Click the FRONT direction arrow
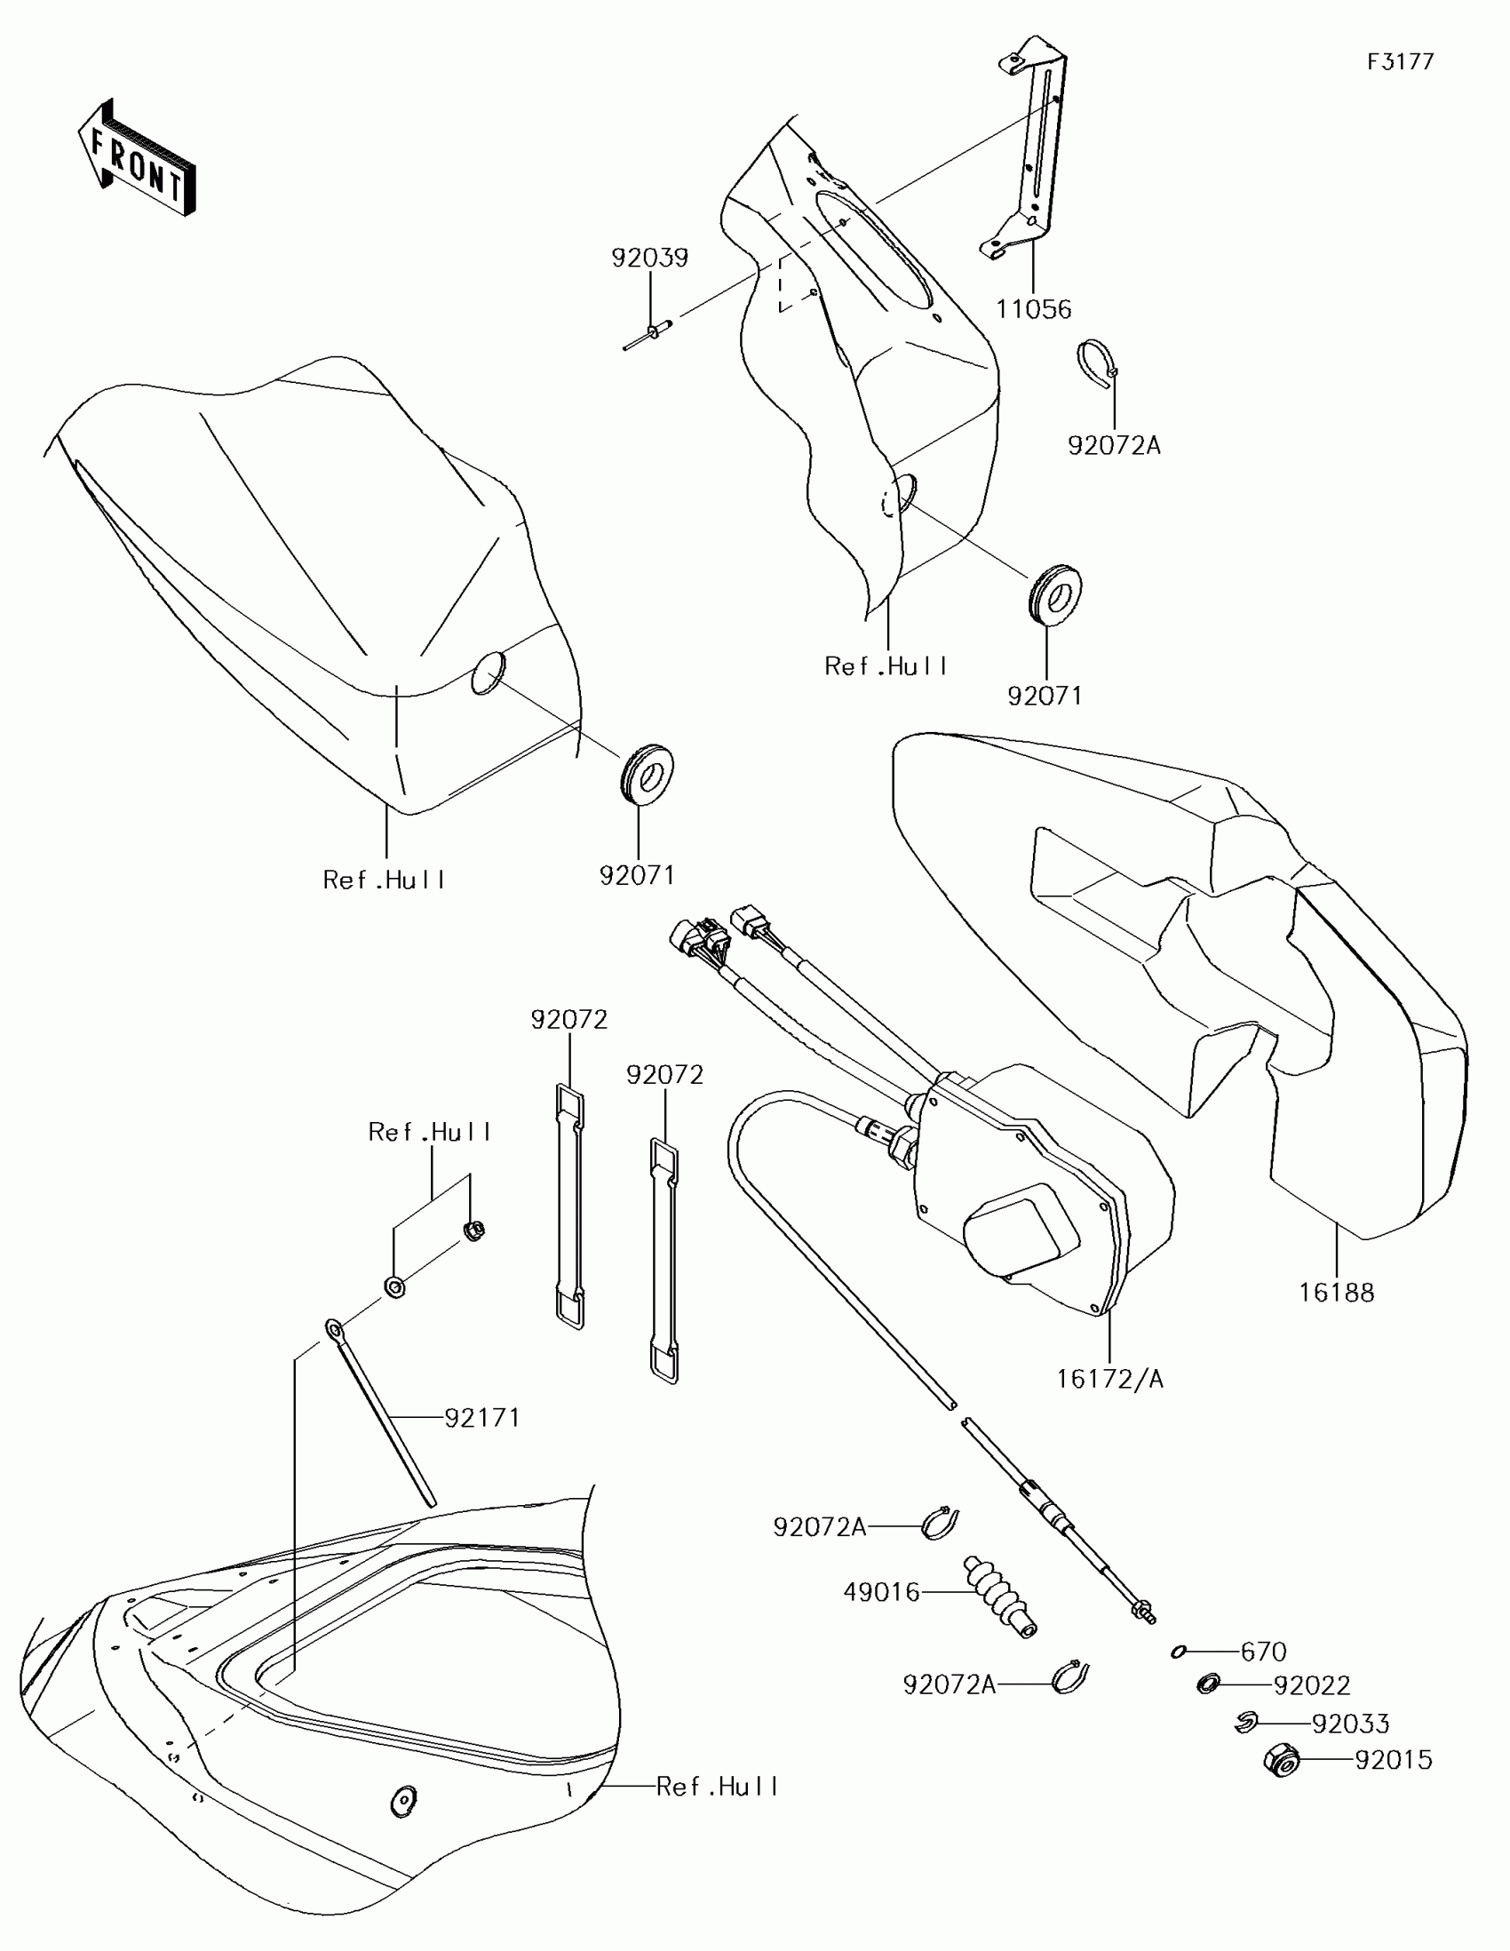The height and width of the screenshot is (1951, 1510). pos(136,159)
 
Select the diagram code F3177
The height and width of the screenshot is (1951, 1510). pos(1400,61)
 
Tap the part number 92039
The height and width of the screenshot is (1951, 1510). pos(649,259)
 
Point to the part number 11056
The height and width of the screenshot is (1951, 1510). pos(1033,309)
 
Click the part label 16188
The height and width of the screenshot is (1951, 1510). pos(1336,1293)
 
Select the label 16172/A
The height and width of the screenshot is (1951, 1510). pos(1109,1379)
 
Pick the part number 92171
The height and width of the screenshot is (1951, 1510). pos(482,1418)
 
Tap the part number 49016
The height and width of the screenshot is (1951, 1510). pos(881,1592)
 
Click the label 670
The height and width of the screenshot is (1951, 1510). pos(1264,1652)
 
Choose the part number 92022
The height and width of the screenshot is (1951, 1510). pos(1311,1685)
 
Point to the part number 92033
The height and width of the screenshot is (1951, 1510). pos(1350,1724)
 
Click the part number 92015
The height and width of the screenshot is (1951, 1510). pos(1393,1760)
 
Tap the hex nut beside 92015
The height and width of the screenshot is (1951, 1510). pos(1282,1760)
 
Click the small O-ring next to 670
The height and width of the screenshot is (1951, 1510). pos(1179,1652)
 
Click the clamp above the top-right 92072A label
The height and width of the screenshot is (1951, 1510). pos(1097,364)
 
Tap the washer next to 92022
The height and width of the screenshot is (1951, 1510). pos(1209,1684)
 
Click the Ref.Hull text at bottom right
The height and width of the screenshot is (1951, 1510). pos(717,1787)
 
